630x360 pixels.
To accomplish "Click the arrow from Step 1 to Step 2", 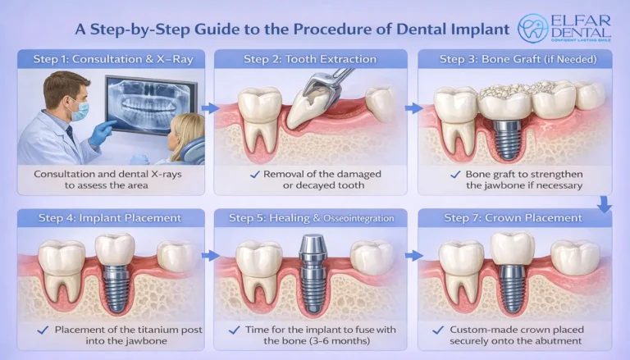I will (209, 107).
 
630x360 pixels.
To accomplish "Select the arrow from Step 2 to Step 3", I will (413, 107).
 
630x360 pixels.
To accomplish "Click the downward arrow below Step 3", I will (605, 203).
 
